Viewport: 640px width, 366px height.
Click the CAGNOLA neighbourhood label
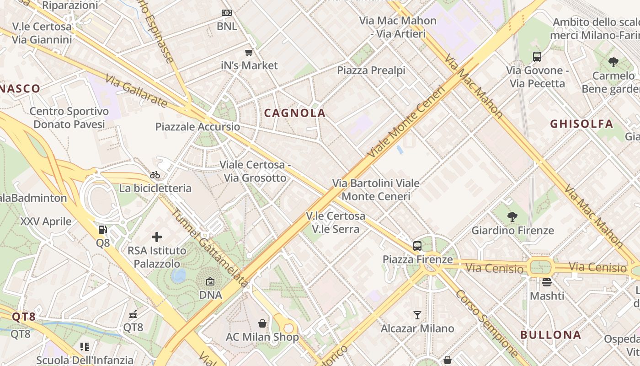pos(295,113)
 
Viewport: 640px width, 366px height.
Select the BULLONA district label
pos(551,334)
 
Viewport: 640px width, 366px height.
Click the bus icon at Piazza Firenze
pos(417,246)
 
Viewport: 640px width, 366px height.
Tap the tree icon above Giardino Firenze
pos(512,216)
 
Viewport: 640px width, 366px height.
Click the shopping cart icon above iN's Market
pos(249,52)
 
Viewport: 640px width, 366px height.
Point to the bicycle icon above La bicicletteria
pos(155,175)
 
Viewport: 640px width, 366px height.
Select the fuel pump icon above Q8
pos(103,229)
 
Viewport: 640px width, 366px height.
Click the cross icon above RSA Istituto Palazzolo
pos(157,237)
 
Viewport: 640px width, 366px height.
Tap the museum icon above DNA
pos(210,281)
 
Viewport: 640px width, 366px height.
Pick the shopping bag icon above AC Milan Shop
pos(262,323)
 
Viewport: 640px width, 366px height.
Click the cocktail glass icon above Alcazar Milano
pos(417,315)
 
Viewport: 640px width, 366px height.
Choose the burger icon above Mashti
pos(547,282)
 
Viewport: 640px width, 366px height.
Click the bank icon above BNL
pos(227,13)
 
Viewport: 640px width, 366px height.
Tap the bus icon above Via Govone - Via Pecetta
pos(537,57)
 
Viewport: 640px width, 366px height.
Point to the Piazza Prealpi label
pos(371,70)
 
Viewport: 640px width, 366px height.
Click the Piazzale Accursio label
pos(197,127)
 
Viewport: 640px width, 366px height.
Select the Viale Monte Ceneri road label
pos(406,122)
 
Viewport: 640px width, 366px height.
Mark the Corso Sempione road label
pos(487,323)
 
